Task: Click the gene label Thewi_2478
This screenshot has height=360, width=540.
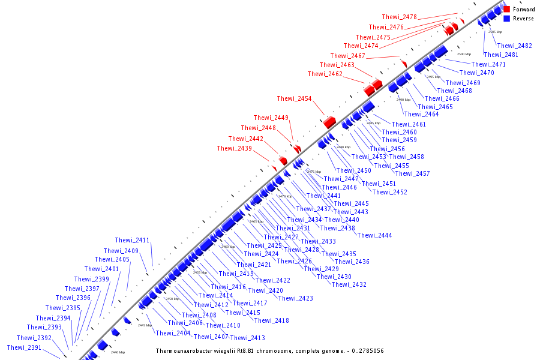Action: (399, 17)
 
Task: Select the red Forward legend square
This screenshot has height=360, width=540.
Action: (507, 10)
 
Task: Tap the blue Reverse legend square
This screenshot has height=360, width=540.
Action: (507, 19)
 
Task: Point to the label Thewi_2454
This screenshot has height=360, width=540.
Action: (294, 98)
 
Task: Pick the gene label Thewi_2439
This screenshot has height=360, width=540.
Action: (234, 148)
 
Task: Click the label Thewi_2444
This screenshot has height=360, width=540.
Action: (374, 235)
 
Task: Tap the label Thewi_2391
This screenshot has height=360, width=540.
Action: (24, 347)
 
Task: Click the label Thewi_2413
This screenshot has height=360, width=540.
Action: (247, 338)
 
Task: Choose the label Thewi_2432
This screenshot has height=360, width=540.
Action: (349, 284)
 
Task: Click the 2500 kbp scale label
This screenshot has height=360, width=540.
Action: (464, 54)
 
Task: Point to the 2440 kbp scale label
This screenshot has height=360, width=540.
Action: (118, 352)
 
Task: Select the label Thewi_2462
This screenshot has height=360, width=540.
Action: (325, 74)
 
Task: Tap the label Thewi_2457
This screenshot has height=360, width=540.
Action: (412, 173)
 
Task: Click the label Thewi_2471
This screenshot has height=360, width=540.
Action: (488, 64)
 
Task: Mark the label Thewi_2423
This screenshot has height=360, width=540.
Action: (295, 298)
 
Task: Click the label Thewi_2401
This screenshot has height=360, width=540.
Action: (101, 269)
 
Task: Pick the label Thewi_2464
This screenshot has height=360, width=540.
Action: (421, 114)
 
